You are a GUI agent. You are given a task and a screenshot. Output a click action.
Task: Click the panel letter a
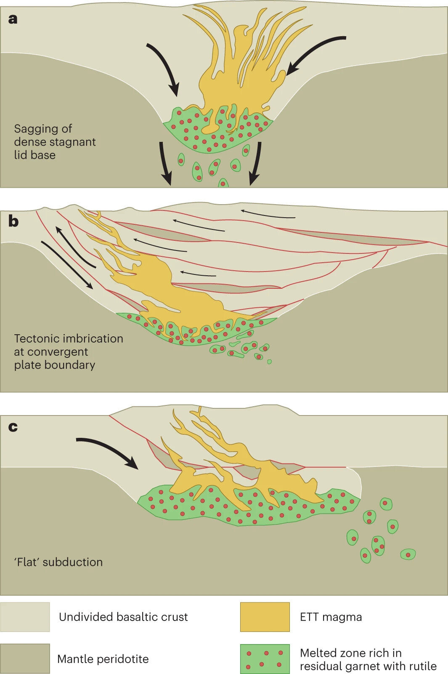click(13, 19)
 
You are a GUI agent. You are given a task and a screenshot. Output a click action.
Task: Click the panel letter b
click(13, 221)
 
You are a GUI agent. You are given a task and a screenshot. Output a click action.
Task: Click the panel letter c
click(13, 427)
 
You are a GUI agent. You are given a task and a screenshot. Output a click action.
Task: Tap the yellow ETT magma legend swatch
click(265, 617)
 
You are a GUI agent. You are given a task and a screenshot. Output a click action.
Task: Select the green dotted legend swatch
click(265, 658)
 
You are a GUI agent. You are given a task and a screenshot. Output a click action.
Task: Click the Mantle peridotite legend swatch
click(25, 658)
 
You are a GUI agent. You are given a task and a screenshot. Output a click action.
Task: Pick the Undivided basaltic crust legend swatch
click(25, 617)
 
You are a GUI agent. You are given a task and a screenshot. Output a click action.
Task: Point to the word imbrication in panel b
click(93, 338)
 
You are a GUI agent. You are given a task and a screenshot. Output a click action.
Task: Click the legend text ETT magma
click(331, 617)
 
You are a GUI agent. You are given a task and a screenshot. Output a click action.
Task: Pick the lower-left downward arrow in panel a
click(165, 164)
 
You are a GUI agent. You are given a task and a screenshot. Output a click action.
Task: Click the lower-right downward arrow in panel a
click(255, 164)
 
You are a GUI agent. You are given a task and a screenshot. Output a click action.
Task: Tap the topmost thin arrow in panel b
click(268, 213)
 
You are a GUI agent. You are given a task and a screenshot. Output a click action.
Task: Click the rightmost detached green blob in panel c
click(408, 554)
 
